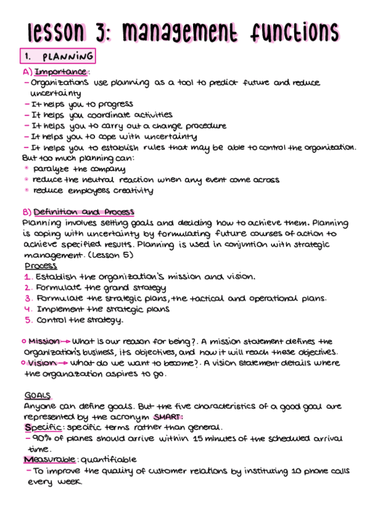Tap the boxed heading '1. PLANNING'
pyautogui.click(x=58, y=57)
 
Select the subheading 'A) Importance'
pyautogui.click(x=56, y=72)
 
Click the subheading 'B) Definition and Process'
pyautogui.click(x=78, y=212)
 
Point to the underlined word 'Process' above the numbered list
pyautogui.click(x=41, y=266)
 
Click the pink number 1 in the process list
pyautogui.click(x=28, y=277)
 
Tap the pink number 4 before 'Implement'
pyautogui.click(x=28, y=309)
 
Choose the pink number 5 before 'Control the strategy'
pyautogui.click(x=28, y=319)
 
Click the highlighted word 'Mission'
pyautogui.click(x=44, y=342)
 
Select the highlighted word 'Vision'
pyautogui.click(x=42, y=363)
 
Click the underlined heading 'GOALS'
pyautogui.click(x=38, y=395)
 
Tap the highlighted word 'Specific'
pyautogui.click(x=41, y=427)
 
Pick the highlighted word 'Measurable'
pyautogui.click(x=50, y=460)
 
